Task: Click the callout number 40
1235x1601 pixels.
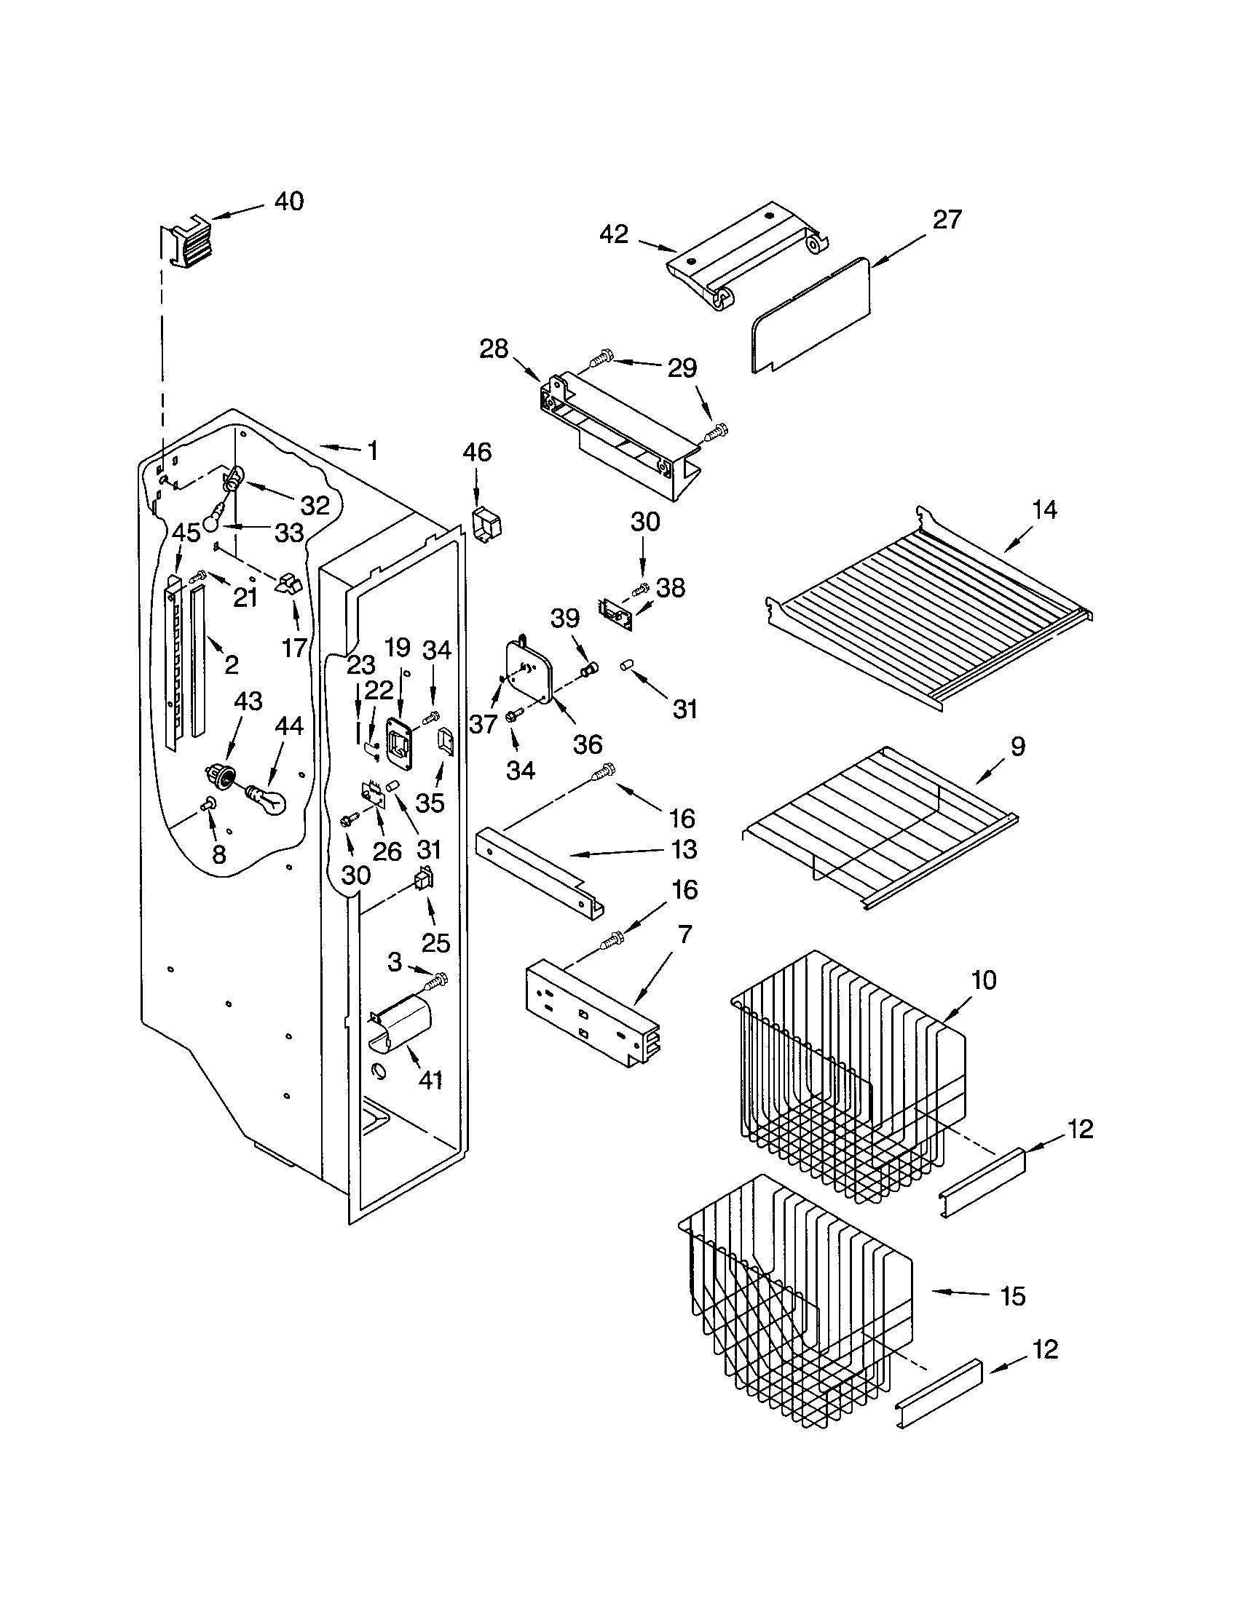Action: click(x=289, y=201)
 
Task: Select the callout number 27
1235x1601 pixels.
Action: click(x=947, y=219)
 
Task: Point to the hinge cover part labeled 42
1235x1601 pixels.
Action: click(x=748, y=258)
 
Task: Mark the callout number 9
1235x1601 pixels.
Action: click(x=1017, y=747)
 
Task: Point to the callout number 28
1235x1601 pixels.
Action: click(x=494, y=349)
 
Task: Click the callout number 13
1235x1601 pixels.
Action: click(x=684, y=849)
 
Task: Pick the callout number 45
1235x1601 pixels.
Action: click(x=186, y=533)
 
